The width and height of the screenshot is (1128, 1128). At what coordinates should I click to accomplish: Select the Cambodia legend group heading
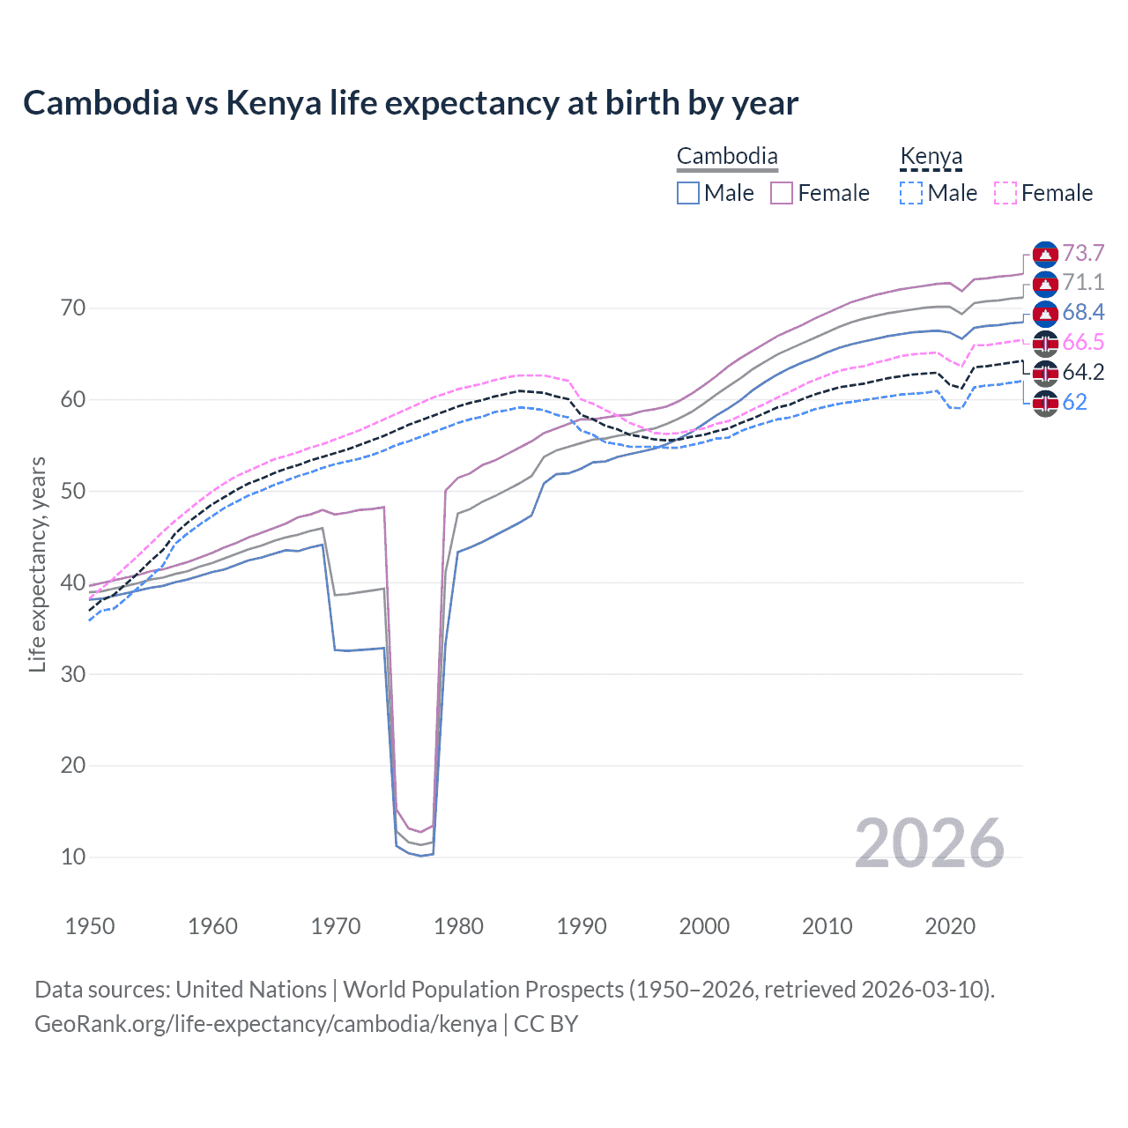[727, 157]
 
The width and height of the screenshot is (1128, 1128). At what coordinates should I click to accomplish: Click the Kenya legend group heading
[931, 157]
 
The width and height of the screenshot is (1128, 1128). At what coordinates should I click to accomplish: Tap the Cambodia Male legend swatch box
[688, 193]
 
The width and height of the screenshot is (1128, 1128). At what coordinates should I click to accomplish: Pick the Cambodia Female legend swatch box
[782, 193]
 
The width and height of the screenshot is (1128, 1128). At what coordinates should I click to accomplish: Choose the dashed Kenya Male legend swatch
[911, 193]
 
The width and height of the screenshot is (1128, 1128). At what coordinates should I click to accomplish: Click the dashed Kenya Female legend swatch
[1006, 193]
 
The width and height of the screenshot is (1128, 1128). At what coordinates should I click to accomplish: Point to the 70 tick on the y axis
[73, 308]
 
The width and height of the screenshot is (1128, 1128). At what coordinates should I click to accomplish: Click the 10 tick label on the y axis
[73, 857]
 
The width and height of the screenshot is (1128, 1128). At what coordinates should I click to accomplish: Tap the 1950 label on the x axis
[90, 926]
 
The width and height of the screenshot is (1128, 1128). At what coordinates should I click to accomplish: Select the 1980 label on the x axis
[458, 926]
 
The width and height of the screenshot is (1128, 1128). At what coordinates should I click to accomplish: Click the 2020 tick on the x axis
[949, 926]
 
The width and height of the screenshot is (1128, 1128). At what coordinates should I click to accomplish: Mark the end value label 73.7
[1083, 254]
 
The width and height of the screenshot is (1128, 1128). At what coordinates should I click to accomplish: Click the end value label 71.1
[1083, 283]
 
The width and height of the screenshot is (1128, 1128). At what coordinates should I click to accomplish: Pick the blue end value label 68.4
[1083, 313]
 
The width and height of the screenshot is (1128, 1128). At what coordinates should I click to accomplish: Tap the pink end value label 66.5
[1083, 343]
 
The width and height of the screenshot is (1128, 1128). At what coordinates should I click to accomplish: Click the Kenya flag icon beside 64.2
[1045, 373]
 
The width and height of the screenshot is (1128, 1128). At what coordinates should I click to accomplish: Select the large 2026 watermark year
[929, 843]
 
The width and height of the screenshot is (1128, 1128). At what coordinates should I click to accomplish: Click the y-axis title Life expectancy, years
[37, 564]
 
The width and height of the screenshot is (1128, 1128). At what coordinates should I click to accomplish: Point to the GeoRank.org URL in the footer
[265, 1024]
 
